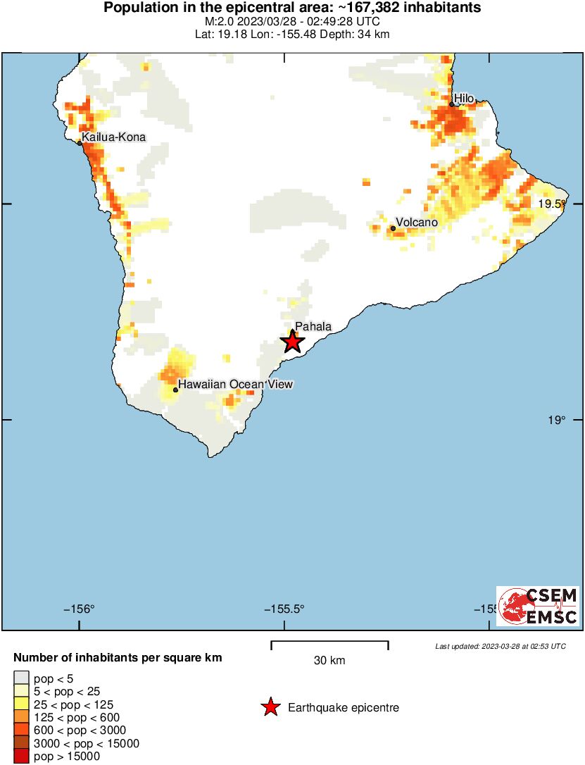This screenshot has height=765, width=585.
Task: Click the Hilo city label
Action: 465,98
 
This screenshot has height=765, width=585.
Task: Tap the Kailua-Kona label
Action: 113,137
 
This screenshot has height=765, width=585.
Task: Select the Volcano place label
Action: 417,223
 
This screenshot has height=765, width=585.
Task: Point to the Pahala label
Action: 313,326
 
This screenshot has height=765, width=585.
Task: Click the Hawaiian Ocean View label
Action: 235,384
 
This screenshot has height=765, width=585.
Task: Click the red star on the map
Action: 293,342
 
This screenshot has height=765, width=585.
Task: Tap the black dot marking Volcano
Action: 393,228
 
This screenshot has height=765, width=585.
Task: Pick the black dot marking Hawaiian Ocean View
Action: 175,390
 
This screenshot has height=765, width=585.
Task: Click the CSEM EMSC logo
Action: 538,606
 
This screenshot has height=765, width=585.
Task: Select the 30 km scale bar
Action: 329,644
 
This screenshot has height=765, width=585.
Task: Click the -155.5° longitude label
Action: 284,610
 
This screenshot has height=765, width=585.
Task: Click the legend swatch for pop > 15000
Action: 21,757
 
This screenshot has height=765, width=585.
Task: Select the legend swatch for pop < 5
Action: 21,678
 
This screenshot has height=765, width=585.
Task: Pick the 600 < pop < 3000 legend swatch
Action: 21,730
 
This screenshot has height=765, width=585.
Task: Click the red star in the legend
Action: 270,708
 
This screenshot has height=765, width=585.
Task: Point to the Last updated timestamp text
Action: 500,646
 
